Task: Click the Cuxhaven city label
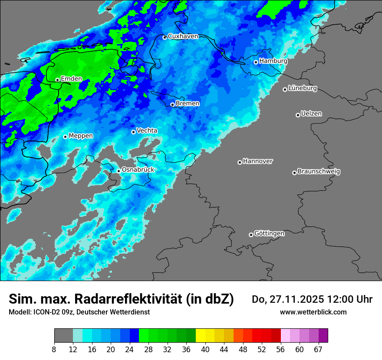pyautogui.click(x=183, y=36)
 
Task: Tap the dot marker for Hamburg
pyautogui.click(x=256, y=62)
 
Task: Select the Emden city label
pyautogui.click(x=71, y=79)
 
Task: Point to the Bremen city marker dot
pyautogui.click(x=172, y=105)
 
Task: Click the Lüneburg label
pyautogui.click(x=303, y=88)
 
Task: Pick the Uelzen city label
pyautogui.click(x=311, y=114)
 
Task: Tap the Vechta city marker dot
pyautogui.click(x=133, y=132)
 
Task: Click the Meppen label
pyautogui.click(x=81, y=136)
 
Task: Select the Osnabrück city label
pyautogui.click(x=138, y=170)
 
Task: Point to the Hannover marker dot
pyautogui.click(x=240, y=162)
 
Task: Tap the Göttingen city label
pyautogui.click(x=269, y=234)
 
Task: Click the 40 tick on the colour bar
pyautogui.click(x=205, y=350)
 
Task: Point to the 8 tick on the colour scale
pyautogui.click(x=54, y=350)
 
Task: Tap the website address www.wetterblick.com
pyautogui.click(x=313, y=312)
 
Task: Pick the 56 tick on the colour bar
pyautogui.click(x=281, y=350)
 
